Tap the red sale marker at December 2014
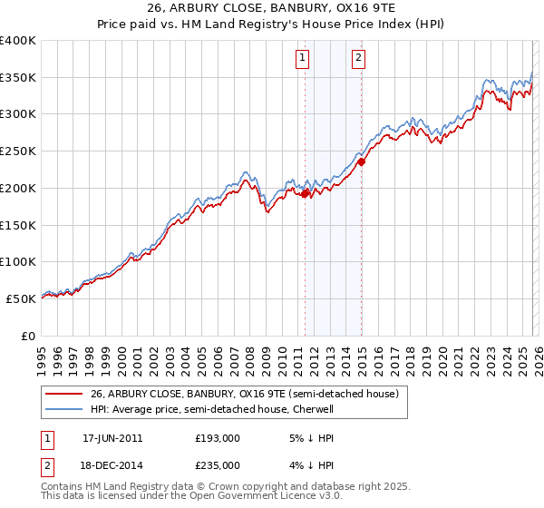pos(361,162)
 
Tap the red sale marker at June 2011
pos(305,193)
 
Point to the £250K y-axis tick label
pos(18,151)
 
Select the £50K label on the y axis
pos(22,298)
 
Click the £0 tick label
pos(28,336)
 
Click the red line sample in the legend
pos(65,394)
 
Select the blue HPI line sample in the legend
pos(65,409)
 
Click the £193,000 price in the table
pos(218,438)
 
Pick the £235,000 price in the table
pos(218,464)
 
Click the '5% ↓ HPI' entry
pos(310,438)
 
